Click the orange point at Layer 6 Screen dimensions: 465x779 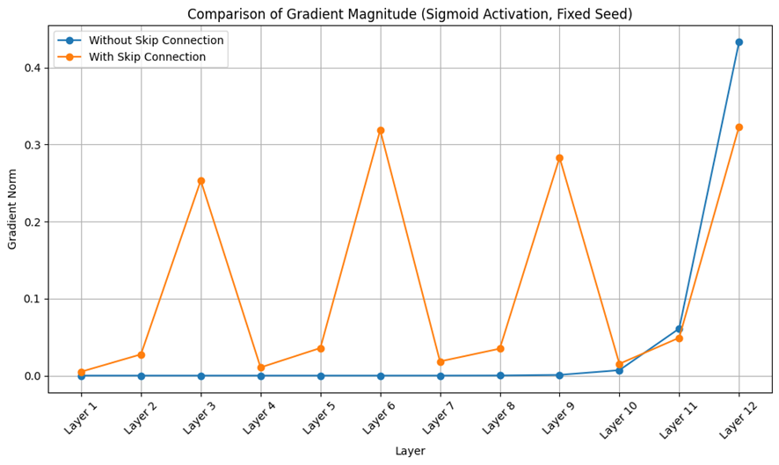(x=381, y=130)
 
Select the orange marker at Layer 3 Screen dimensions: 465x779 (x=201, y=181)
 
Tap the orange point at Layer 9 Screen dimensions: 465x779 (x=559, y=158)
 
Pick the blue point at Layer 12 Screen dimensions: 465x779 (x=739, y=42)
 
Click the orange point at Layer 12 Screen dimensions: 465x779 (x=739, y=127)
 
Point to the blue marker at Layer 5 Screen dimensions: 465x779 (x=321, y=375)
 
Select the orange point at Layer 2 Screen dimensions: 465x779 (x=142, y=354)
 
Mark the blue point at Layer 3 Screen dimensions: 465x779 (x=201, y=375)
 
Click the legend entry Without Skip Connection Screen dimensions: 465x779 (x=156, y=40)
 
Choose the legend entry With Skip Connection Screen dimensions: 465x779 (x=147, y=57)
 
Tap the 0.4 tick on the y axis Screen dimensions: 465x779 (x=33, y=68)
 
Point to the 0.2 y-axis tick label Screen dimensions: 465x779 (x=33, y=222)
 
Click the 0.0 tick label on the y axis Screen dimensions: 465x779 (x=33, y=376)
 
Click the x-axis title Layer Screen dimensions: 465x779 (x=410, y=451)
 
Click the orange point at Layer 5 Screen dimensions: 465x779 (x=321, y=348)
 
